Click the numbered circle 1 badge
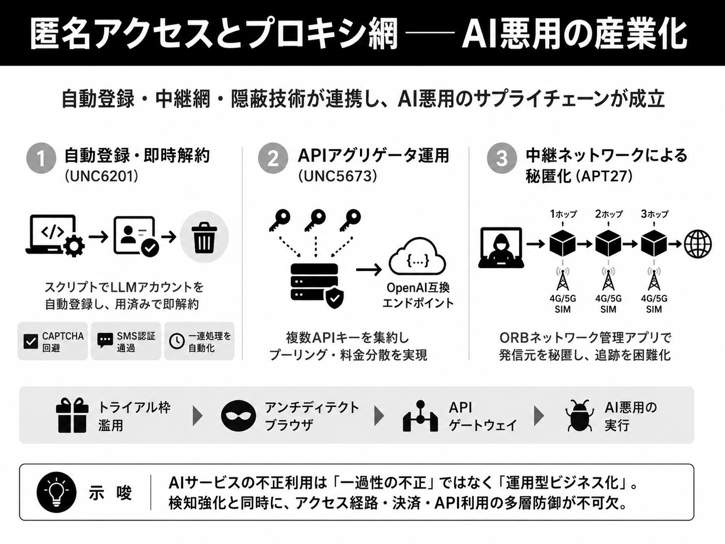(x=41, y=158)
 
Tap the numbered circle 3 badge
(x=502, y=158)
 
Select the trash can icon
(x=204, y=237)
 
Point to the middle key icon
(x=315, y=220)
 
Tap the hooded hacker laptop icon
(x=501, y=247)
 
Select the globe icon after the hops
(x=697, y=244)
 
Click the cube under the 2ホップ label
(x=608, y=244)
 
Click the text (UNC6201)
(x=102, y=177)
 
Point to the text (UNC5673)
(x=337, y=177)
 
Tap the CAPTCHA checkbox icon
(x=31, y=342)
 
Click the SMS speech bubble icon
(x=105, y=341)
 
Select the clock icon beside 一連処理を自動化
(x=177, y=342)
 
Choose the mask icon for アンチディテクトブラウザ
(x=238, y=416)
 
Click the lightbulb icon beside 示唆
(x=57, y=492)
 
